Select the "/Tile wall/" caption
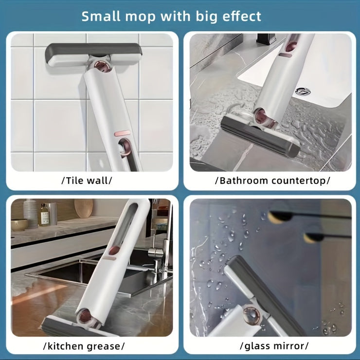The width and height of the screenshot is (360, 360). pyautogui.click(x=87, y=180)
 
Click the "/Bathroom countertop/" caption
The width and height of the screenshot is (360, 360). pyautogui.click(x=272, y=180)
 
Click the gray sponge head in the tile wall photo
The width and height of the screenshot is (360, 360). pyautogui.click(x=93, y=54)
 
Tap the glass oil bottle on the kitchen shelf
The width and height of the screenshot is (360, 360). pyautogui.click(x=45, y=215)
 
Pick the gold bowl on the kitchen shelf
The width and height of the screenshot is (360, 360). pyautogui.click(x=19, y=224)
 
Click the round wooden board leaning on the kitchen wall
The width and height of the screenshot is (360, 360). pyautogui.click(x=84, y=208)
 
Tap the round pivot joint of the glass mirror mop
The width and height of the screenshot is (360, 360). pyautogui.click(x=252, y=315)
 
